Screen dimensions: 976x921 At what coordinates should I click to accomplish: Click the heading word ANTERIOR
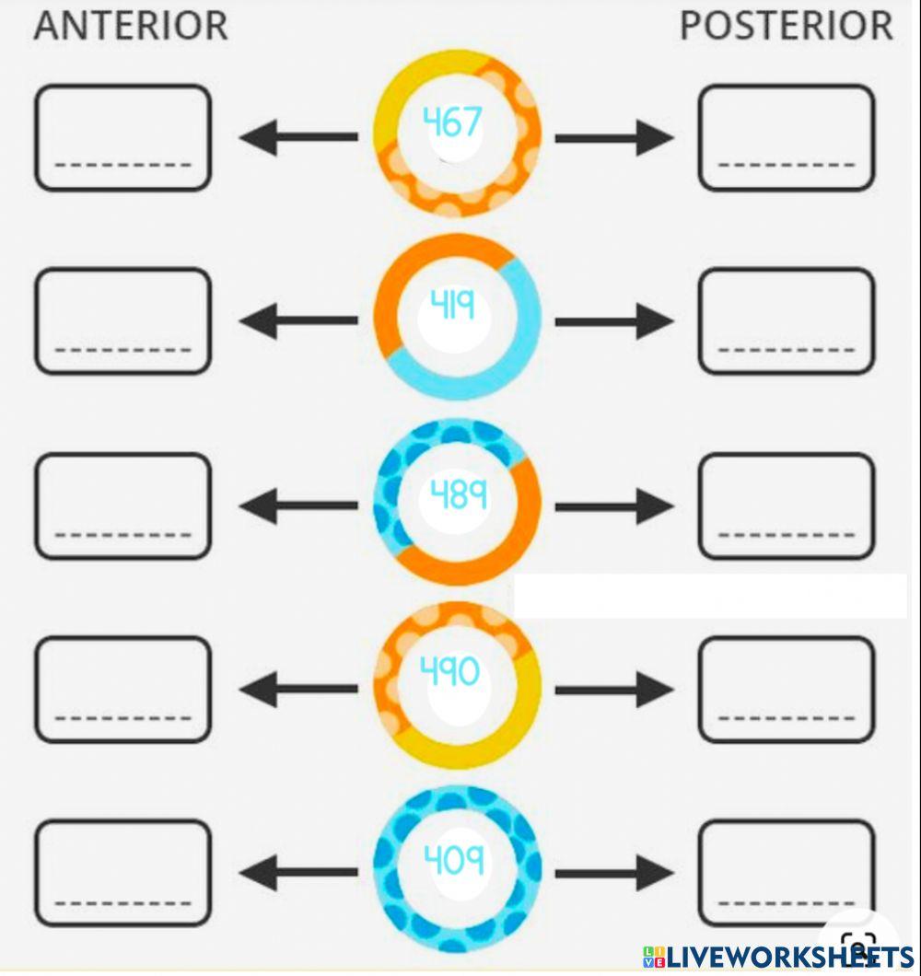[x=130, y=26]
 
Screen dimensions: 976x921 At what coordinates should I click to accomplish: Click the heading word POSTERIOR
[x=786, y=26]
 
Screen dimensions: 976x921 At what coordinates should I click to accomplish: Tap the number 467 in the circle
[x=451, y=122]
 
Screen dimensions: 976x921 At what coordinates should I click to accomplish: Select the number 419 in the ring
[x=453, y=304]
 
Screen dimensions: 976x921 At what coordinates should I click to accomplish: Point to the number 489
[x=458, y=495]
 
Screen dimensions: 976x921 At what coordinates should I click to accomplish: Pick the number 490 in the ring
[x=449, y=671]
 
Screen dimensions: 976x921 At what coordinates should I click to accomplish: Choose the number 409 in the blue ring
[x=453, y=859]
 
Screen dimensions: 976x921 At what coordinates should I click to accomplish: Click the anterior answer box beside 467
[x=123, y=138]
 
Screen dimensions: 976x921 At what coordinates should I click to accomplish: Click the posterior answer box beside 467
[x=786, y=138]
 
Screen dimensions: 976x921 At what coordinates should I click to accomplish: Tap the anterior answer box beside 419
[x=123, y=321]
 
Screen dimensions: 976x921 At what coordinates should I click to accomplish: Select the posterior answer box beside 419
[x=786, y=321]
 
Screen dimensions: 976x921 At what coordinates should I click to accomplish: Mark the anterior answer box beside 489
[x=123, y=506]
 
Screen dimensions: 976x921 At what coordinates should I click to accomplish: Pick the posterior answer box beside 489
[x=786, y=506]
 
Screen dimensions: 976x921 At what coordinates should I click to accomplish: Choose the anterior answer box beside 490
[x=123, y=690]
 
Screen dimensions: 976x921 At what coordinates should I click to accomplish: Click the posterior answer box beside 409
[x=786, y=873]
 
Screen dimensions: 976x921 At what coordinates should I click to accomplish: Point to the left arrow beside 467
[x=297, y=138]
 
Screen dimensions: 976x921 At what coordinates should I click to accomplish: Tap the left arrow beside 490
[x=297, y=689]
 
